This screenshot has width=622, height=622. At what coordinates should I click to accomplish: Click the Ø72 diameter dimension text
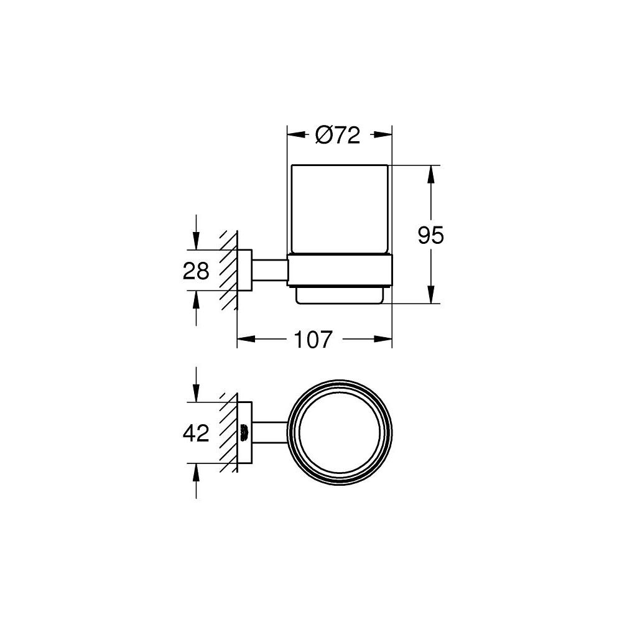coord(338,135)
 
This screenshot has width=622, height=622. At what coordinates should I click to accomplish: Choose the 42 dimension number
coord(197,432)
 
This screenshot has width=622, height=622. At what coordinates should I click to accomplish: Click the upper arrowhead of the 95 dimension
coord(430,174)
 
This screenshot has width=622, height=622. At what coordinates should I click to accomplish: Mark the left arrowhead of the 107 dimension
coord(246,340)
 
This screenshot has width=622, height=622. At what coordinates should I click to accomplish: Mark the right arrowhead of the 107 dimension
coord(384,340)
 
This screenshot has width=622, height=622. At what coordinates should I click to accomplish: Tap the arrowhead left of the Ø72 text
coord(295,135)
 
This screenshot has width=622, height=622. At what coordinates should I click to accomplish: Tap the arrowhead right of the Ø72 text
coord(383,135)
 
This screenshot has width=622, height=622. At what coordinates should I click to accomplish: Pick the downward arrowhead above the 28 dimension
coord(197,243)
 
